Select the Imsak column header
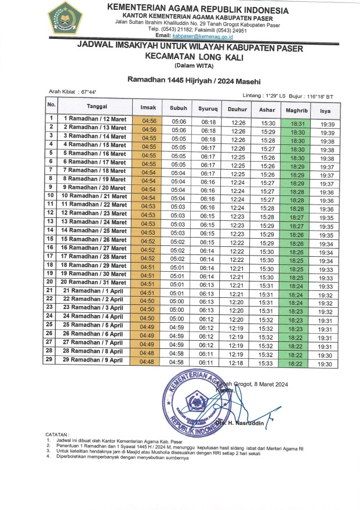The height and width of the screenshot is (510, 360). (148, 108)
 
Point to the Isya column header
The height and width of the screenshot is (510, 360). (326, 108)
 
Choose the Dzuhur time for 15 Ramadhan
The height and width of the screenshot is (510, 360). (238, 242)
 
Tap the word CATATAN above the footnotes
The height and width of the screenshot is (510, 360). (57, 434)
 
